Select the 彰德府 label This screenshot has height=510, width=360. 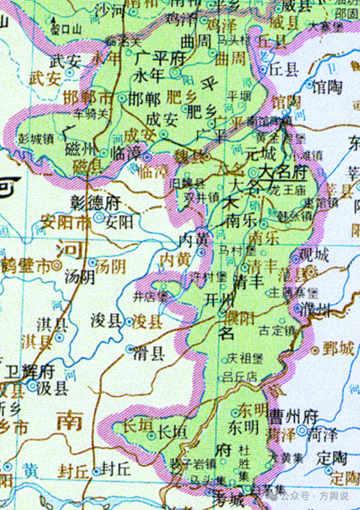pyautogui.click(x=96, y=202)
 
